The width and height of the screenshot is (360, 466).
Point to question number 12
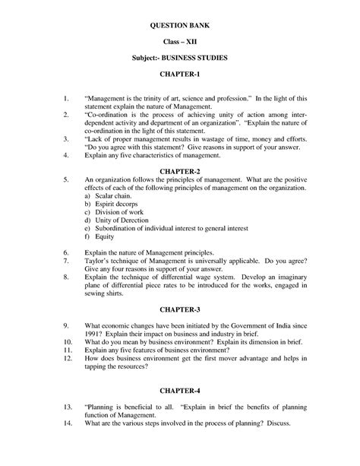tap(68, 357)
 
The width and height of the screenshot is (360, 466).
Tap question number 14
tap(68, 423)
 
